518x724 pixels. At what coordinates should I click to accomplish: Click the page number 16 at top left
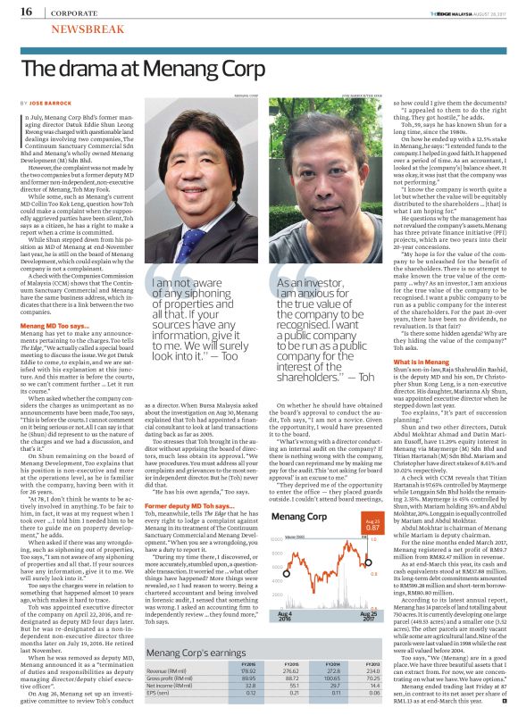pos(24,12)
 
